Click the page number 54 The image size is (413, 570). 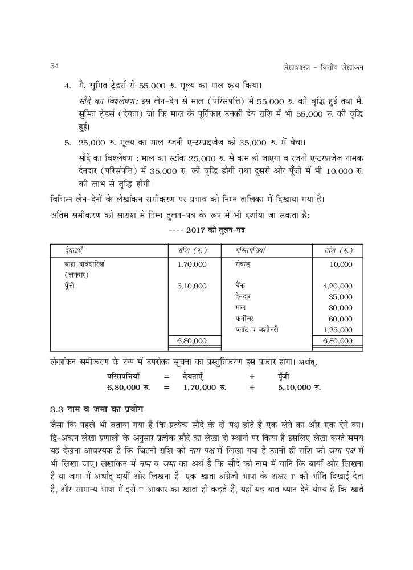click(55, 66)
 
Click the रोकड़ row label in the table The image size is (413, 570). click(243, 264)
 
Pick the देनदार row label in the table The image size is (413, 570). click(243, 297)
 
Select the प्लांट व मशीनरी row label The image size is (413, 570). click(256, 330)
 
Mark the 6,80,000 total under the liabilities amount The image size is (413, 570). click(192, 341)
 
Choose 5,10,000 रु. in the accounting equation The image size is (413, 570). click(299, 387)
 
